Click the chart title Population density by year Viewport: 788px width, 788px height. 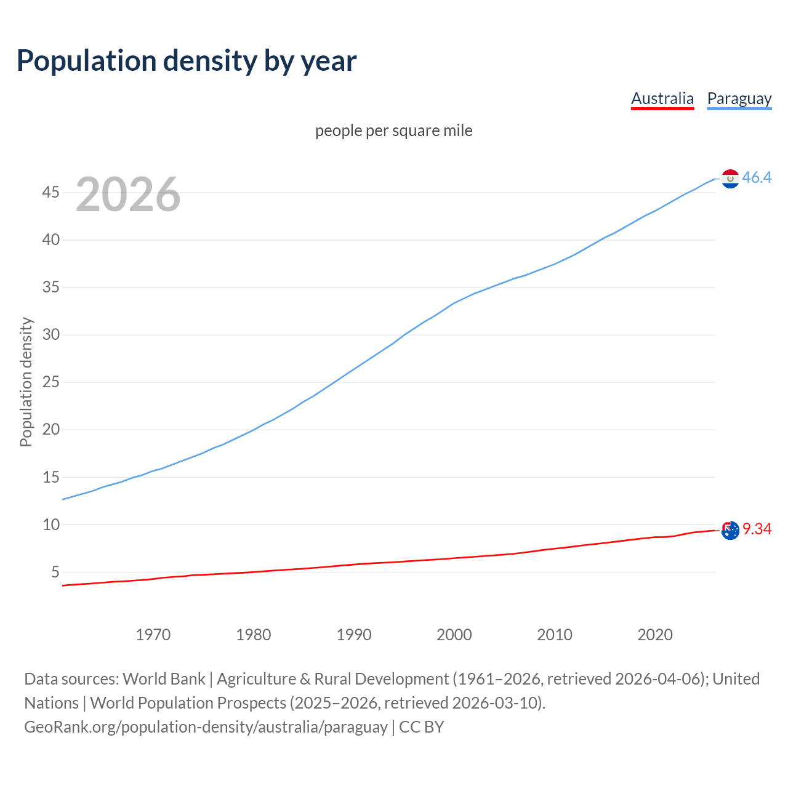point(187,61)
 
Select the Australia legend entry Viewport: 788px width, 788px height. point(662,98)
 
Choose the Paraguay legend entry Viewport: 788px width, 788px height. point(739,98)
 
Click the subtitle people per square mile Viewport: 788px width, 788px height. point(394,131)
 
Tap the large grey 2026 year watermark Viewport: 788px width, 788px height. point(128,195)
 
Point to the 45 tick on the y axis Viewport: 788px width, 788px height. point(50,193)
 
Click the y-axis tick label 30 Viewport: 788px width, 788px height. point(50,335)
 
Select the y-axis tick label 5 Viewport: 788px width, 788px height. point(55,573)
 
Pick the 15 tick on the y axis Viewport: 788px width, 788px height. point(50,477)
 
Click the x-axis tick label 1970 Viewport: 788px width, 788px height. point(153,635)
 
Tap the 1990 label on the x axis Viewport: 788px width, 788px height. point(353,635)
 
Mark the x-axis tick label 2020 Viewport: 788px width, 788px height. point(654,635)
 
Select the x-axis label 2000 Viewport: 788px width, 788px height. point(454,635)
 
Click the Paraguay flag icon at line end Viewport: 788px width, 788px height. point(730,179)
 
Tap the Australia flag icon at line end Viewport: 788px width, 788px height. point(730,530)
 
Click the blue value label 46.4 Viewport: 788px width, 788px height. point(757,178)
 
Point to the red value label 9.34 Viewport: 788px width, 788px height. point(757,529)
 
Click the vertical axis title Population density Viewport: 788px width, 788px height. point(26,382)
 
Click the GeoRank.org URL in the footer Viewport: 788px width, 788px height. point(206,727)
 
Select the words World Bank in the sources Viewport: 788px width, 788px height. point(164,679)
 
